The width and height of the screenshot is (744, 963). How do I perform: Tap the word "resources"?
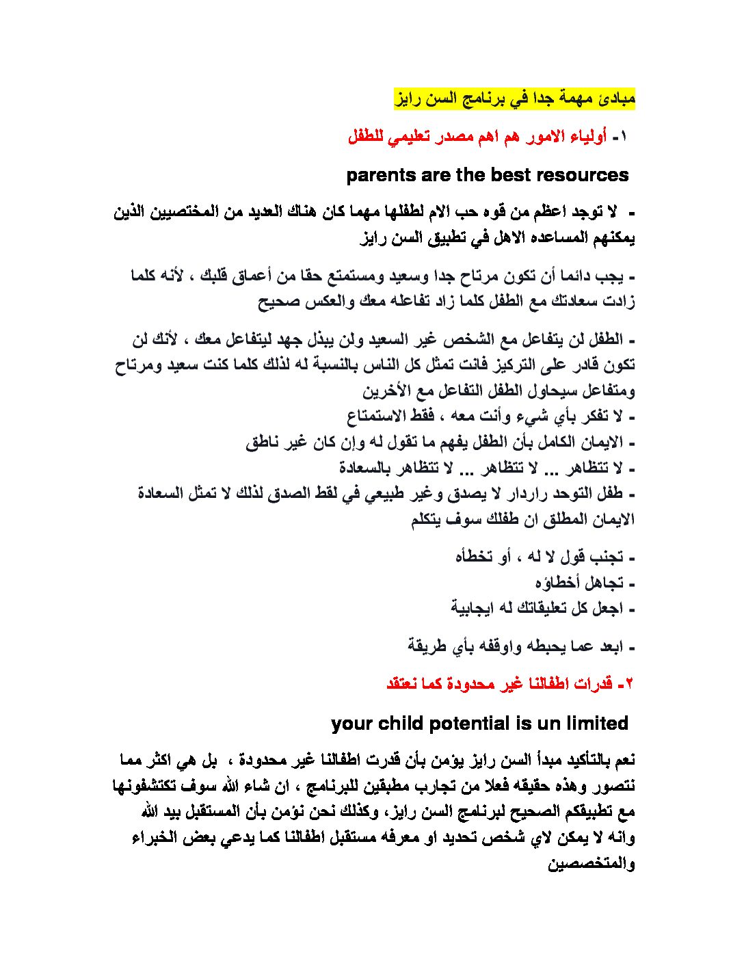tap(583, 175)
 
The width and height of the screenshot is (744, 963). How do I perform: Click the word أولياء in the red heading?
tap(586, 136)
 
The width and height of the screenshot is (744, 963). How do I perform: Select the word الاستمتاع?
tap(377, 416)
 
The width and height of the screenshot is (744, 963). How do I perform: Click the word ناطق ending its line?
tap(263, 442)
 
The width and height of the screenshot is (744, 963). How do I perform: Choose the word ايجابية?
tap(473, 607)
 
